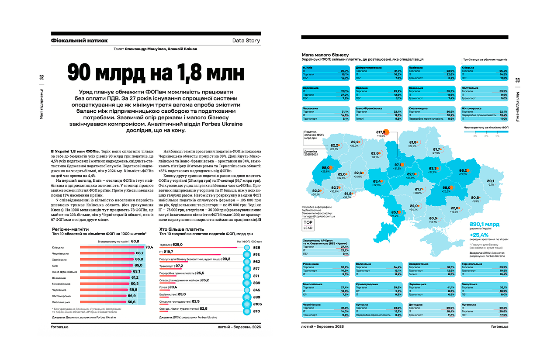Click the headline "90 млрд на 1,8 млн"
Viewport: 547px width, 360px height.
coord(156,73)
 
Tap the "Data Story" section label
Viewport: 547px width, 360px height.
coord(246,41)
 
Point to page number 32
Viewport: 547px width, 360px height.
coord(42,78)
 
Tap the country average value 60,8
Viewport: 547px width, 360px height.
coord(135,241)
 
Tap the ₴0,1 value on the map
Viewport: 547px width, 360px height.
coord(490,181)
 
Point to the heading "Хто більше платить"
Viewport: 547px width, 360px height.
coord(180,229)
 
